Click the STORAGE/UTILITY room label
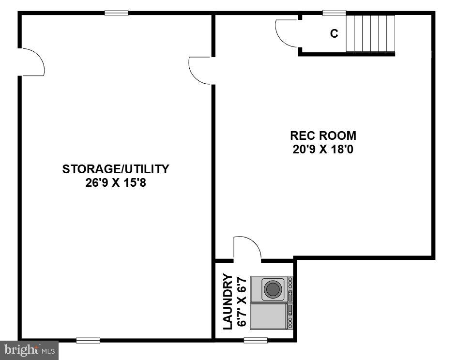click(x=116, y=169)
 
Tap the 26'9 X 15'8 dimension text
click(x=116, y=184)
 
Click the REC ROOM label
click(x=323, y=135)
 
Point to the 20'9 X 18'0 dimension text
click(x=323, y=150)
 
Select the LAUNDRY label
click(x=228, y=302)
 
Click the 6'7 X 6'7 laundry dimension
click(x=242, y=302)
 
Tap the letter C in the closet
click(x=334, y=34)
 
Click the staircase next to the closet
click(x=371, y=33)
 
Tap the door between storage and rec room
click(x=199, y=71)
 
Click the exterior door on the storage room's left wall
click(x=32, y=62)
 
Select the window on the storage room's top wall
click(x=117, y=13)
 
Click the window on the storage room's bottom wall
click(x=88, y=340)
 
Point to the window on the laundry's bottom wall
click(x=256, y=340)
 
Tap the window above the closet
click(x=334, y=13)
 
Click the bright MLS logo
click(x=29, y=349)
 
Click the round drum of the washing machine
click(x=273, y=289)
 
